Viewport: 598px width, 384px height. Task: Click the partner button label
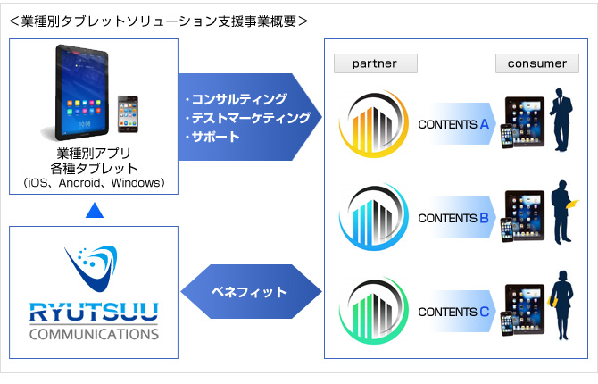pyautogui.click(x=375, y=63)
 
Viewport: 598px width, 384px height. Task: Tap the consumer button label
pyautogui.click(x=537, y=63)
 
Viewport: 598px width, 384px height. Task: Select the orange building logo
pyautogui.click(x=374, y=123)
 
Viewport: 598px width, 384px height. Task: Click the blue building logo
pyautogui.click(x=374, y=217)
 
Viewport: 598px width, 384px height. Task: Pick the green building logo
pyautogui.click(x=374, y=311)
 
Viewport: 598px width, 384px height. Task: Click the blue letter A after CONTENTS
pyautogui.click(x=485, y=124)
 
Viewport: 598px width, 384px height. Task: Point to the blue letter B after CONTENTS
pyautogui.click(x=484, y=218)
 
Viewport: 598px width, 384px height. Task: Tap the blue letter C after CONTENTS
pyautogui.click(x=485, y=312)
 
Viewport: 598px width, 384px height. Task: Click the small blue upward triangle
pyautogui.click(x=95, y=210)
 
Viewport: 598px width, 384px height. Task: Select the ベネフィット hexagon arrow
pyautogui.click(x=251, y=292)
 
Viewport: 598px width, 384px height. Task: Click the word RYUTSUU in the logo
pyautogui.click(x=94, y=312)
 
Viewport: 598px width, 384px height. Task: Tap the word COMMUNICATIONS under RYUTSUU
pyautogui.click(x=94, y=334)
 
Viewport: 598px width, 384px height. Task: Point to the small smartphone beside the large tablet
pyautogui.click(x=128, y=114)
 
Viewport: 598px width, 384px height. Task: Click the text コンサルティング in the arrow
pyautogui.click(x=239, y=99)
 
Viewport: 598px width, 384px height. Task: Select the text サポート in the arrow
pyautogui.click(x=215, y=137)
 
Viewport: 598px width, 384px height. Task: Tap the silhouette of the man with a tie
pyautogui.click(x=561, y=120)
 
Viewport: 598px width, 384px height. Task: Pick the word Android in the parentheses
pyautogui.click(x=79, y=183)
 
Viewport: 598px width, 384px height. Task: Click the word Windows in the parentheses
pyautogui.click(x=136, y=183)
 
